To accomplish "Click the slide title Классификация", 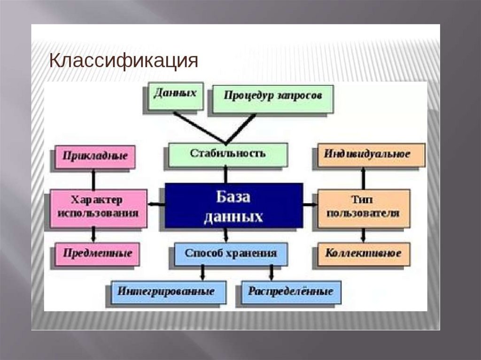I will [x=124, y=61].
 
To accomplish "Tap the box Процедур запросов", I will [x=272, y=98].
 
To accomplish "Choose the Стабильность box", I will [x=228, y=154].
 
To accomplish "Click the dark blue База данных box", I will [x=233, y=206].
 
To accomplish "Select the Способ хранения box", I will [x=230, y=254].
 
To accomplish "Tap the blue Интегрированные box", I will [x=168, y=291].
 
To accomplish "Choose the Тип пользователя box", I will [x=363, y=207].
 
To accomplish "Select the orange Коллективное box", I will [x=363, y=254].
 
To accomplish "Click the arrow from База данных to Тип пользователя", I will [x=310, y=205].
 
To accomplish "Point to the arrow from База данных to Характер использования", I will [x=156, y=204].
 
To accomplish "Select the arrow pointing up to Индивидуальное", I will [x=363, y=177].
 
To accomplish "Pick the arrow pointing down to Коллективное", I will [x=363, y=235].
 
